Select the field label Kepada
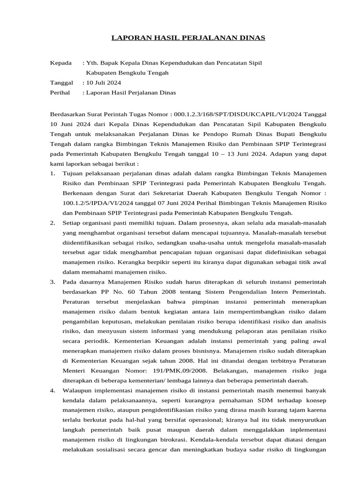click(61, 63)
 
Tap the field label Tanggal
click(62, 82)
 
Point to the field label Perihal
click(60, 93)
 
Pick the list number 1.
click(52, 174)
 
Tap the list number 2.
click(52, 223)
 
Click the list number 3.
click(52, 282)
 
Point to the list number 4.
click(52, 390)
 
